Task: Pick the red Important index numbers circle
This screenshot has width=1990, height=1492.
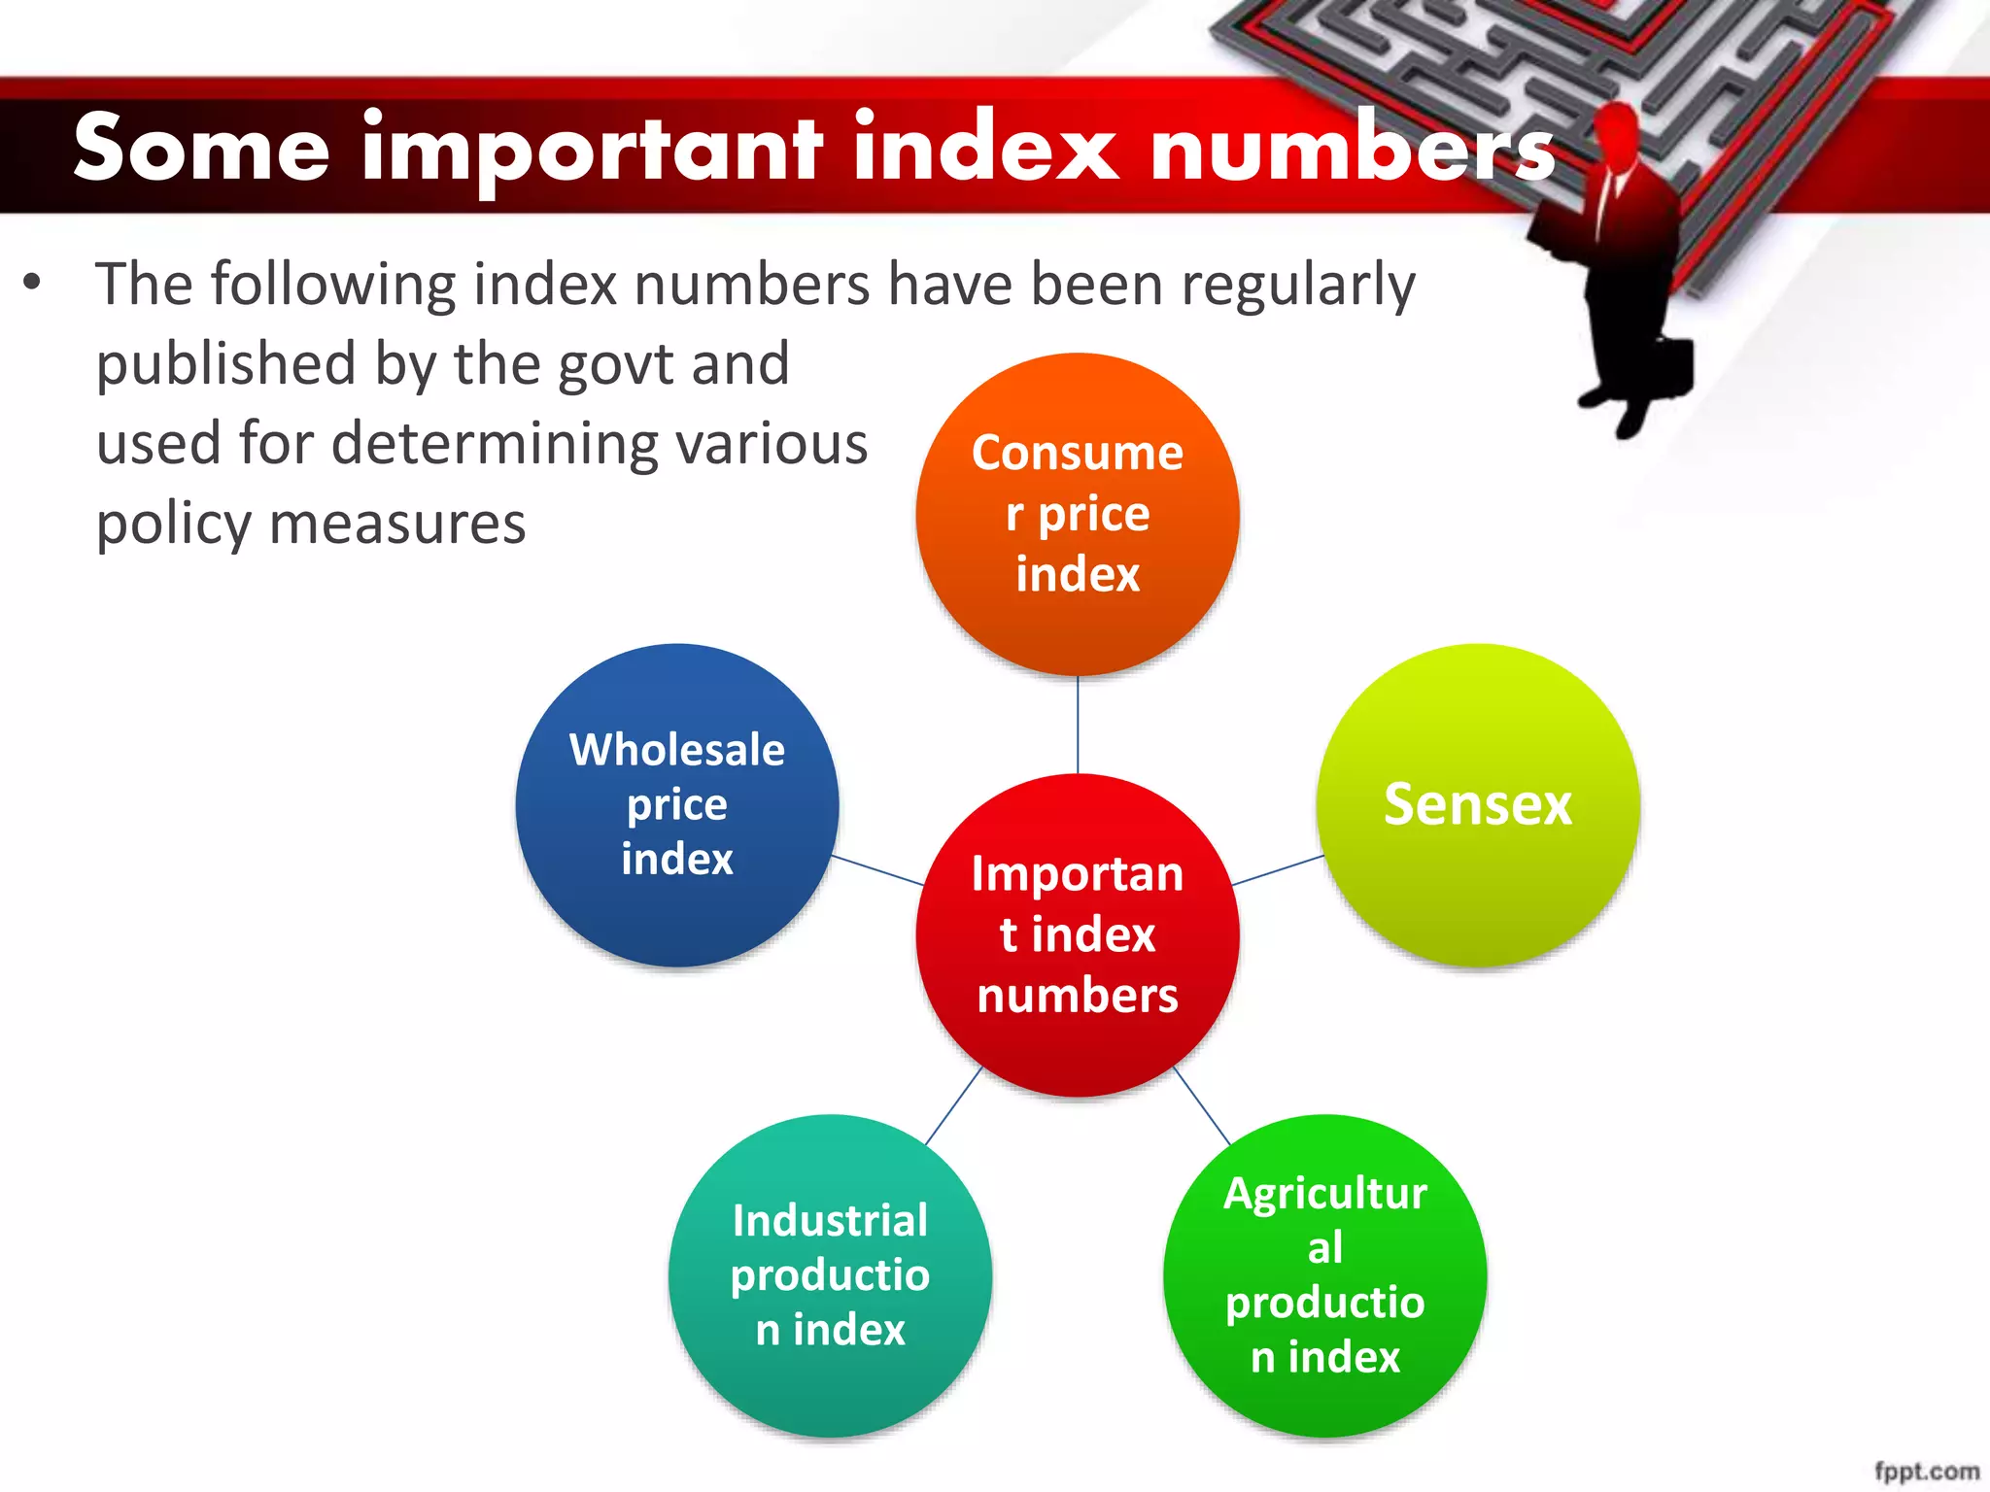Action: coord(1077,934)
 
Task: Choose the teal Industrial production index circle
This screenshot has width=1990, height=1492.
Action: coord(830,1274)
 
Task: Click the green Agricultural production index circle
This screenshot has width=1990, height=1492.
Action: coord(1324,1274)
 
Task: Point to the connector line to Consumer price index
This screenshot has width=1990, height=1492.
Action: coord(1077,725)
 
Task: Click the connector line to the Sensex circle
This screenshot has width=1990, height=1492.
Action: coord(1277,870)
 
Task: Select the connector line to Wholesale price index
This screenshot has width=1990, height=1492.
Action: coord(877,870)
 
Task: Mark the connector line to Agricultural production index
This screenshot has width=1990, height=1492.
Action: coord(1202,1105)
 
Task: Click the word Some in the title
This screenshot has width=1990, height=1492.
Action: coord(201,148)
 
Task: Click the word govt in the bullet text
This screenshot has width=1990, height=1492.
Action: coord(614,365)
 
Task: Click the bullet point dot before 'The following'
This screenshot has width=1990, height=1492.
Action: coord(33,283)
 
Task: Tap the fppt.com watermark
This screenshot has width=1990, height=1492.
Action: coord(1926,1471)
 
